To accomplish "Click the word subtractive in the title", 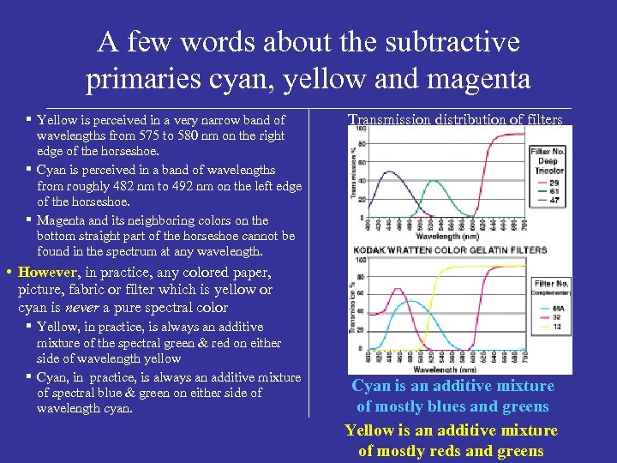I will point(455,42).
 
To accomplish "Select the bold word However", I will point(49,274).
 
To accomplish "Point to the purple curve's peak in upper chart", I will point(391,171).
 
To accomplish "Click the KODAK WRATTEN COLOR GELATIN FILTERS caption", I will point(449,250).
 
